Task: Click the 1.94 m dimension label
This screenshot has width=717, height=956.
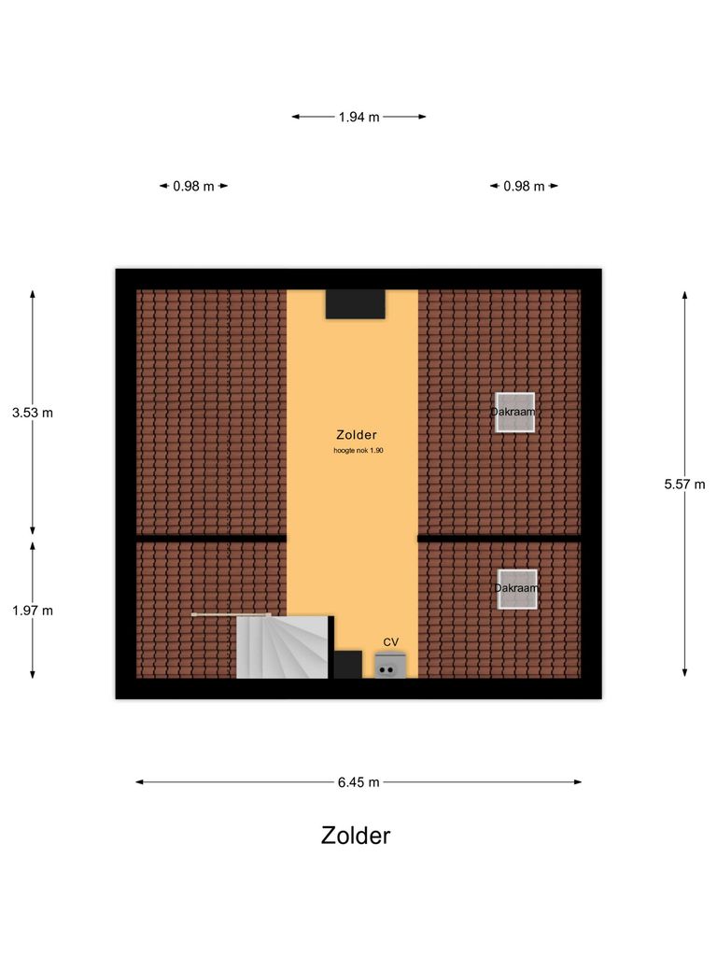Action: click(358, 117)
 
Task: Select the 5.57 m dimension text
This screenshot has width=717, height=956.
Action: click(684, 484)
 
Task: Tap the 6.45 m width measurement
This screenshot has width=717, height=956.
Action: click(358, 782)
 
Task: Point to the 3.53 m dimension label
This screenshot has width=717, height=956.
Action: click(33, 412)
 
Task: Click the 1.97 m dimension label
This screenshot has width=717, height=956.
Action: click(33, 611)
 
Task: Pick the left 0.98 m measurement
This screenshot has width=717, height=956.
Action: click(193, 186)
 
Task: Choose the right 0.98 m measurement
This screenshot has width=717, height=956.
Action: click(524, 186)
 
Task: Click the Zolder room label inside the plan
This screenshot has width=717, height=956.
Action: click(357, 435)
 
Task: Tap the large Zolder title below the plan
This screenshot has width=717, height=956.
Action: click(356, 835)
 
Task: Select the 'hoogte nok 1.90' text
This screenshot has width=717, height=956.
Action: click(358, 451)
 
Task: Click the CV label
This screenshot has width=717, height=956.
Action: click(391, 641)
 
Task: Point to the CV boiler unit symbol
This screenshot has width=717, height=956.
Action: click(390, 666)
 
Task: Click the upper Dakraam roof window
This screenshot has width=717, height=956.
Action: click(514, 412)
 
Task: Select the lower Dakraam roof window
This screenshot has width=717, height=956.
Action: click(517, 589)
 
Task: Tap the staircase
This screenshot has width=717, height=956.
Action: click(281, 646)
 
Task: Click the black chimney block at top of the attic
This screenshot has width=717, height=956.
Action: click(355, 304)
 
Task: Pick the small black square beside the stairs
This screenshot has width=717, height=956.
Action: click(347, 664)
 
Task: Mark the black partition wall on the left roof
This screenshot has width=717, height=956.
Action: click(211, 538)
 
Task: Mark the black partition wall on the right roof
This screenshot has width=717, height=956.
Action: click(499, 538)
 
